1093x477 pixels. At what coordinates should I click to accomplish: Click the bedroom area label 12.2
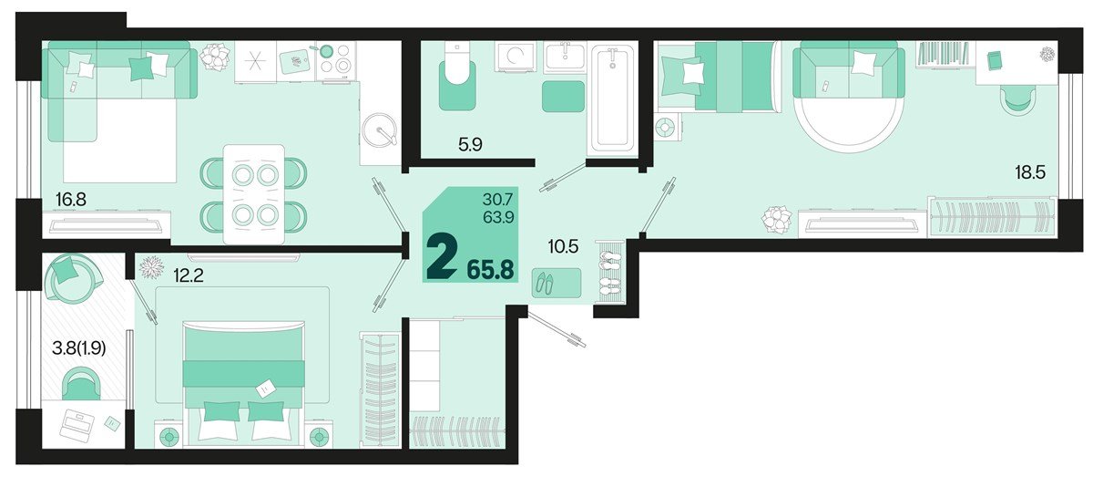(x=183, y=270)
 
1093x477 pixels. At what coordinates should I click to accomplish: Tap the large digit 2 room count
(x=443, y=259)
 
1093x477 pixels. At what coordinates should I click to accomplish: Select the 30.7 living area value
(x=498, y=198)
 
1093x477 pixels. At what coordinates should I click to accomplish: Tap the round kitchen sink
(x=380, y=133)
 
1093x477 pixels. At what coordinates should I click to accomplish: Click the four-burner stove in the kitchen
(x=337, y=59)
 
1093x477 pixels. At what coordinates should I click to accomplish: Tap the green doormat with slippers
(x=556, y=283)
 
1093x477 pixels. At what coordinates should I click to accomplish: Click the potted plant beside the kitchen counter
(x=216, y=57)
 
